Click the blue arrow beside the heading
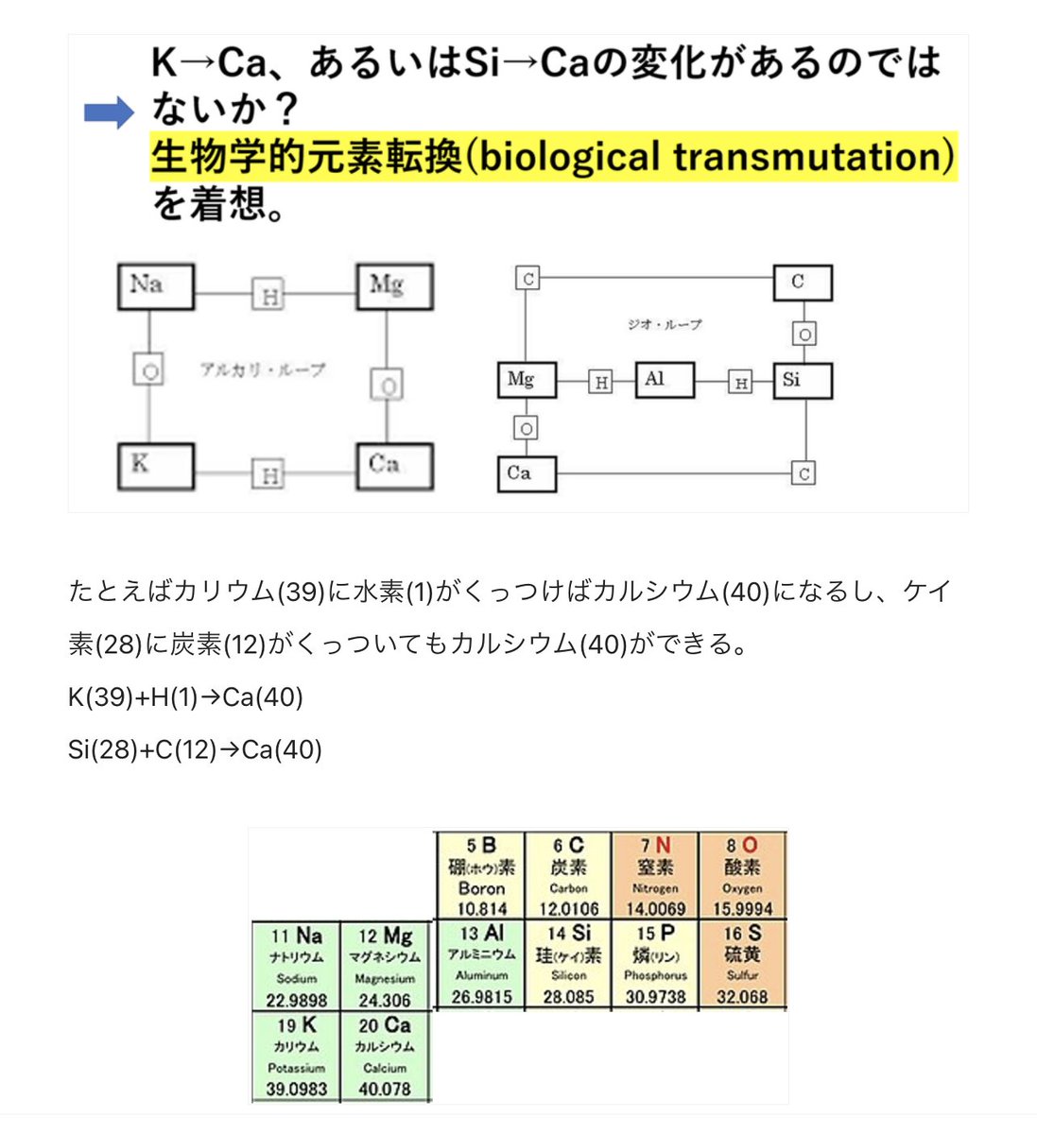tap(110, 113)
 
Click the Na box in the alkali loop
tap(155, 286)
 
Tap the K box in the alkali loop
tap(155, 466)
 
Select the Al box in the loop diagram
tap(665, 380)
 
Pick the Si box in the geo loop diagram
tap(803, 380)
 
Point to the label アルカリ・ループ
tap(262, 369)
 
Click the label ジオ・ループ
tap(665, 324)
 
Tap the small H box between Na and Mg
tap(269, 296)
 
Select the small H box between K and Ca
tap(269, 474)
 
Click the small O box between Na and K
tap(149, 370)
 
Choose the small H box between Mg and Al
tap(600, 382)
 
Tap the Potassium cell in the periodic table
tap(296, 1057)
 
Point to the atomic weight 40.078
tap(384, 1090)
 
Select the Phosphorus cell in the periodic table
tap(655, 964)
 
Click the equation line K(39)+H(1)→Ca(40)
tap(185, 697)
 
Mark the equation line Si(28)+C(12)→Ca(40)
tap(195, 750)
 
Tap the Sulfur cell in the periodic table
tap(742, 964)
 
